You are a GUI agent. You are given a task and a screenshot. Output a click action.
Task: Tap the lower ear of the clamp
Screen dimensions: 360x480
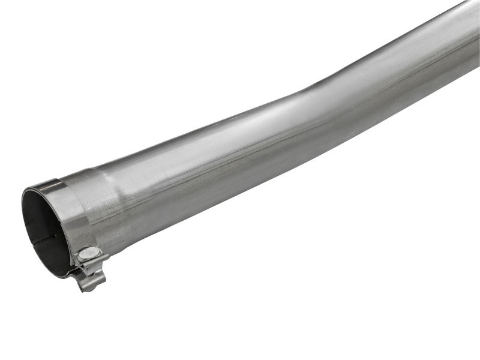(x=91, y=280)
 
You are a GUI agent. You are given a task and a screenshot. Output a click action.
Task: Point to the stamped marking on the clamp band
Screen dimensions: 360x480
(x=77, y=238)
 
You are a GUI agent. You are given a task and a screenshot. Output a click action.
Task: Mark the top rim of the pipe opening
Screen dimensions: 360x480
(x=42, y=186)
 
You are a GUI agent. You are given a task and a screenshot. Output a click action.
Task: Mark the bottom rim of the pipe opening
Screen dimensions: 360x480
(x=60, y=273)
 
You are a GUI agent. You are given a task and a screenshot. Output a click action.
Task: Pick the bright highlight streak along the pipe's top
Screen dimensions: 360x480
(x=240, y=120)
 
